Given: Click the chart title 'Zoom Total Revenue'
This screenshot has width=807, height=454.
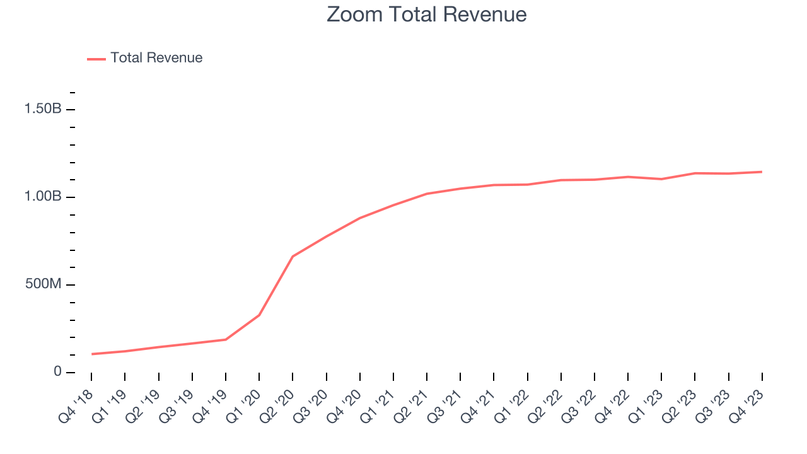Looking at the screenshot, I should [x=426, y=15].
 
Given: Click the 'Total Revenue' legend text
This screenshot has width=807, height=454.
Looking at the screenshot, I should [x=156, y=58].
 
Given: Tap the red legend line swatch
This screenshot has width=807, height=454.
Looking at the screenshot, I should [x=96, y=59].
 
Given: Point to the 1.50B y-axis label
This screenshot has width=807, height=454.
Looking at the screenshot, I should [x=43, y=109].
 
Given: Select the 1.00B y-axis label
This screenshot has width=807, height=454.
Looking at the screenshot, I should [x=43, y=197].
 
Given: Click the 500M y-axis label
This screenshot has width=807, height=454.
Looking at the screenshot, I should [x=43, y=284].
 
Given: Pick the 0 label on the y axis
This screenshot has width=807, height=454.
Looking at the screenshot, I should [x=57, y=372].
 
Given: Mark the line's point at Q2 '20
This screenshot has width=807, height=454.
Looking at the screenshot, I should [x=293, y=257].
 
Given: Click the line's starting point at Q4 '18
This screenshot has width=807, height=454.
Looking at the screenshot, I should [x=91, y=354].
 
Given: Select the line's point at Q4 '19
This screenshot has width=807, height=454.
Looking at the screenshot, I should [x=226, y=340].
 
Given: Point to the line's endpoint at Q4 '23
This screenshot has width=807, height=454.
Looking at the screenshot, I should [x=762, y=172].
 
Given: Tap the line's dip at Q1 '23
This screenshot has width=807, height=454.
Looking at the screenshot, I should [x=661, y=179].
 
